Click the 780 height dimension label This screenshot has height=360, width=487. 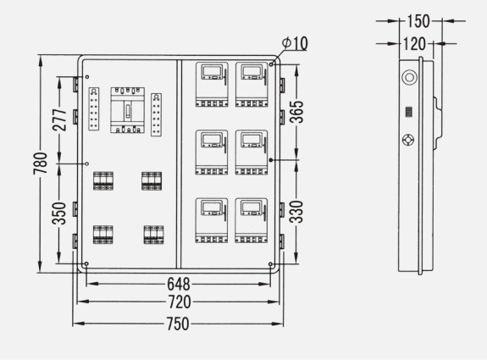41,163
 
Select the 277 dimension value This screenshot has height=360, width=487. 59,119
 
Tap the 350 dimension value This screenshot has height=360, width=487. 59,213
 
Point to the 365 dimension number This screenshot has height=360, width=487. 296,112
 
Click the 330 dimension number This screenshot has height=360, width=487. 296,212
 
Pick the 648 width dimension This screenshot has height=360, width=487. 179,284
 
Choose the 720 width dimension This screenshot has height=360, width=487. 180,302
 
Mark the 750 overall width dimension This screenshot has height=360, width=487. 178,324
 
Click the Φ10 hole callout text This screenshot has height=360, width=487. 295,43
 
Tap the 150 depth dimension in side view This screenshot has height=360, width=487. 418,21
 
